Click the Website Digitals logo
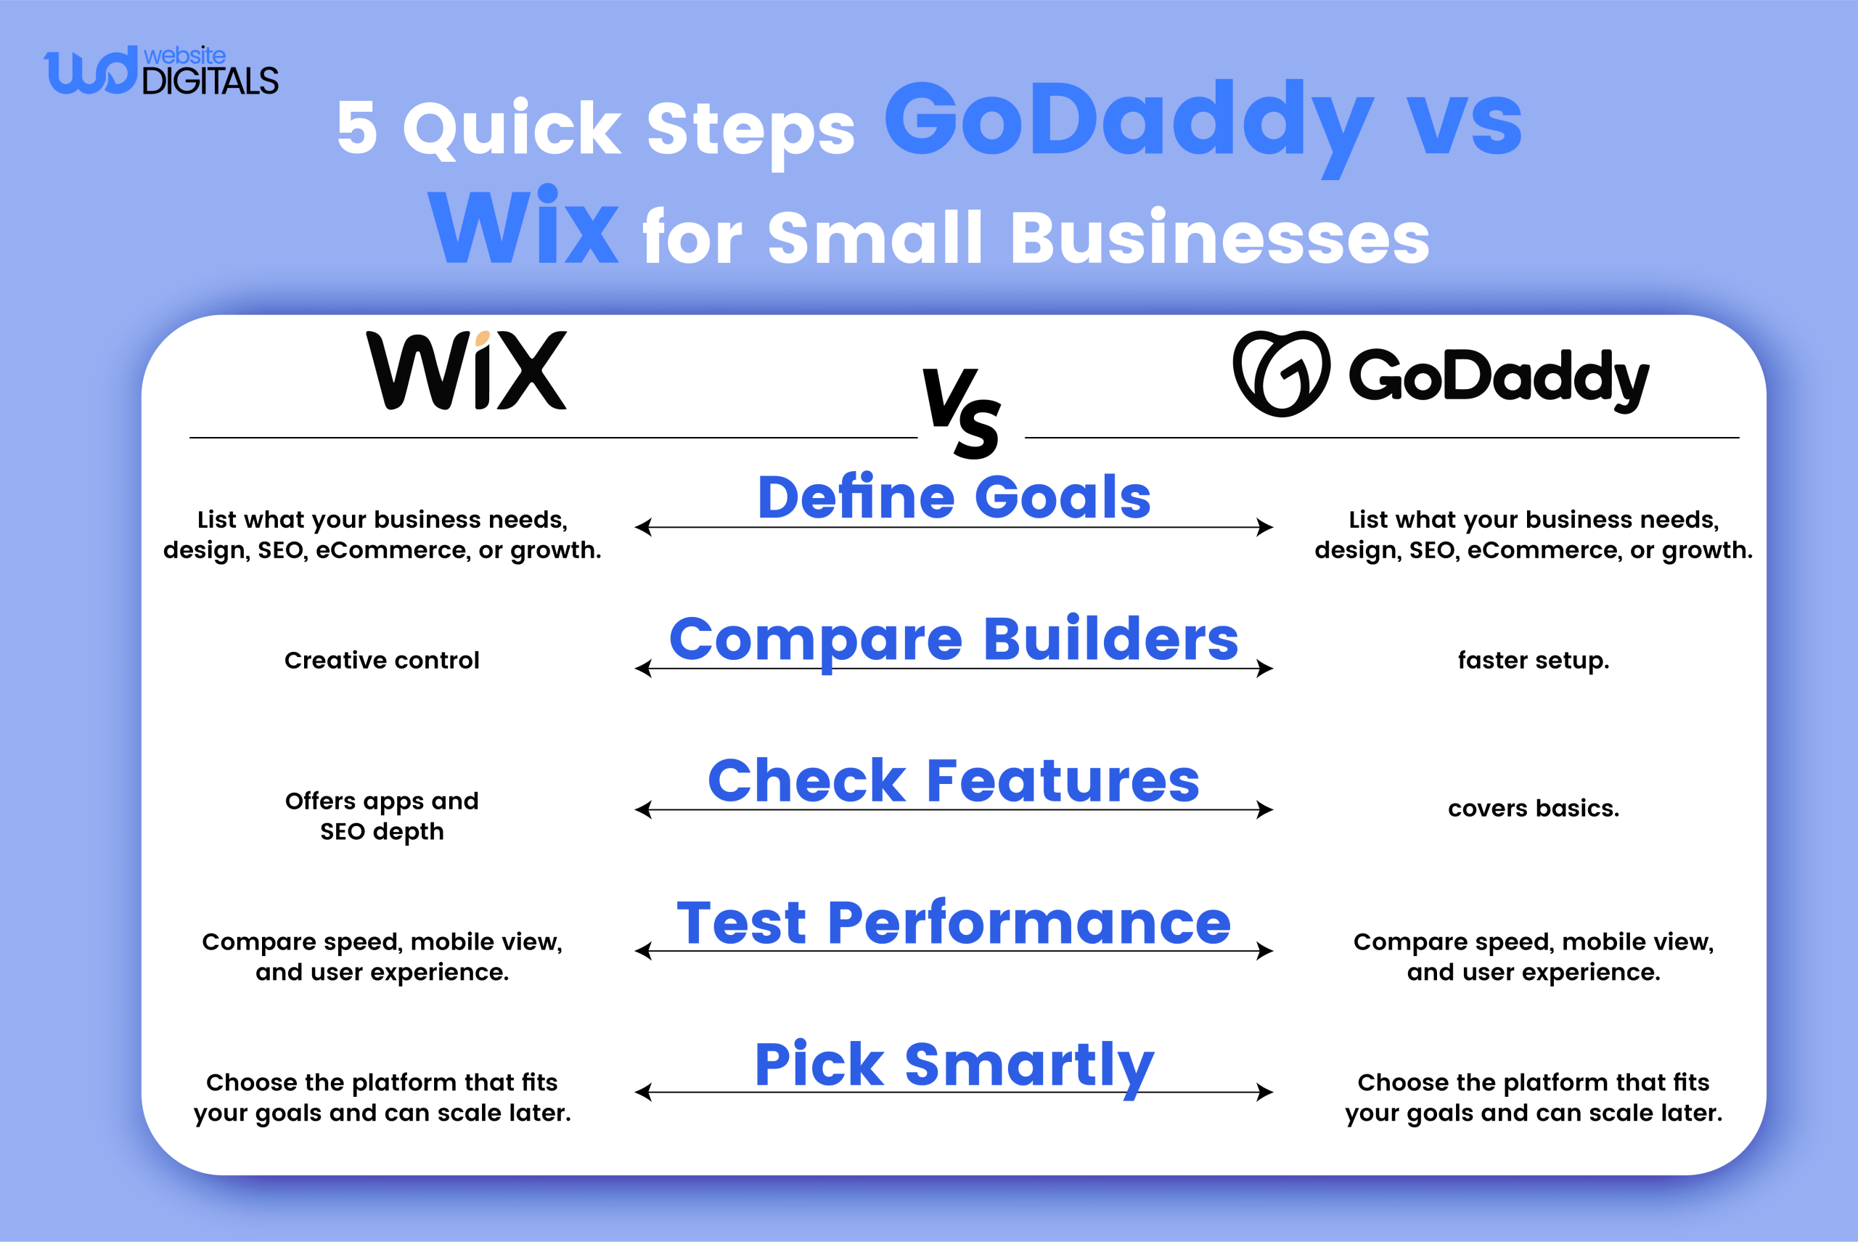pyautogui.click(x=161, y=71)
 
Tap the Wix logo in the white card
pyautogui.click(x=467, y=371)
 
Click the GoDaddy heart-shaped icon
pyautogui.click(x=1281, y=373)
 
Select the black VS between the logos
pyautogui.click(x=962, y=413)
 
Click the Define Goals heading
pyautogui.click(x=954, y=497)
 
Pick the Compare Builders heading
pyautogui.click(x=954, y=640)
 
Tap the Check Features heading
pyautogui.click(x=954, y=780)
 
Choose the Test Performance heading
pyautogui.click(x=954, y=923)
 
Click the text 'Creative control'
pyautogui.click(x=382, y=660)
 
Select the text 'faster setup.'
pyautogui.click(x=1534, y=660)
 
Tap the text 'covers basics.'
pyautogui.click(x=1534, y=808)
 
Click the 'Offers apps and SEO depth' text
pyautogui.click(x=382, y=816)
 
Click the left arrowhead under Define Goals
pyautogui.click(x=642, y=527)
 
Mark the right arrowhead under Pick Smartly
pyautogui.click(x=1266, y=1092)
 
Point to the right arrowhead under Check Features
pyautogui.click(x=1266, y=809)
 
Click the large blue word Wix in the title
pyautogui.click(x=523, y=227)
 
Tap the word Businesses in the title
pyautogui.click(x=1219, y=237)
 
